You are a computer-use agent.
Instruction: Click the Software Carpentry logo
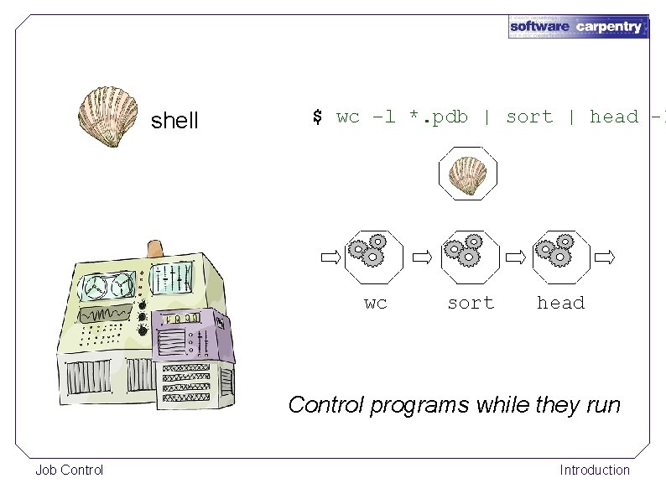coord(578,26)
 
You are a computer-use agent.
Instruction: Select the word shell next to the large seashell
coord(174,121)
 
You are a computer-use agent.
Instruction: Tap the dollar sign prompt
coord(317,117)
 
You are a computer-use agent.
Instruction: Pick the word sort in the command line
coord(528,117)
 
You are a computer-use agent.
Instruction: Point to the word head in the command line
coord(613,117)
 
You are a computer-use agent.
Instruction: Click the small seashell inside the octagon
coord(467,174)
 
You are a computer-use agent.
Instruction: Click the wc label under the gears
coord(375,303)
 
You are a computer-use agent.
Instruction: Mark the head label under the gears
coord(560,303)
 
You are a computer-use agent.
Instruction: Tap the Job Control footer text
coord(69,470)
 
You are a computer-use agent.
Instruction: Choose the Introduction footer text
coord(594,470)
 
